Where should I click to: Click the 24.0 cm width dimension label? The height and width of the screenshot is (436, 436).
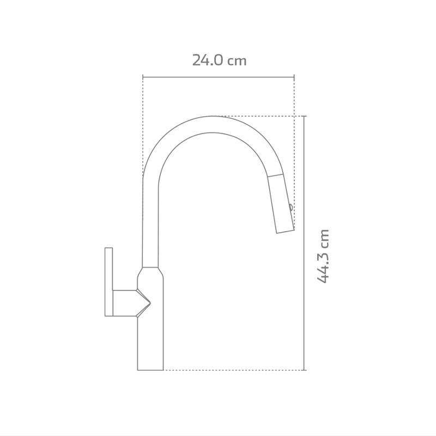coord(220,60)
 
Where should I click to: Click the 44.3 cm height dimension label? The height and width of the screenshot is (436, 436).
coord(323,256)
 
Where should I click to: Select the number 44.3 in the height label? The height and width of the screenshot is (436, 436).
coord(323,266)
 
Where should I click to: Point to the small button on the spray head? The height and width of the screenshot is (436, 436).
coord(290,208)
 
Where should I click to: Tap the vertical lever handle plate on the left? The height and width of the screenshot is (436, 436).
coord(108,282)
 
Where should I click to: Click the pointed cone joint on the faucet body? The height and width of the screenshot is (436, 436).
coord(143,303)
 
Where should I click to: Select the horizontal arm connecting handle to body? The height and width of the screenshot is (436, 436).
coord(125,303)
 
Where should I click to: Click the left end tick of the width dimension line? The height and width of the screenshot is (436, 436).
coord(143,77)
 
